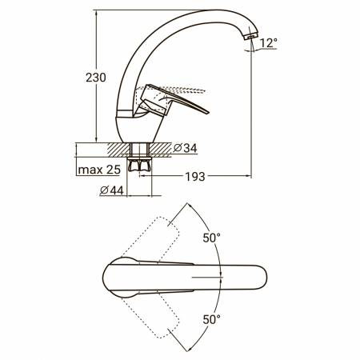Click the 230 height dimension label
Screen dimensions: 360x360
[x=96, y=78]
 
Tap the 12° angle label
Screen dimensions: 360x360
[x=268, y=42]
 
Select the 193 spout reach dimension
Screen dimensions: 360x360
[x=195, y=177]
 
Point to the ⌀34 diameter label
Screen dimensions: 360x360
[x=185, y=148]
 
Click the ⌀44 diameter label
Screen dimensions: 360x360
[x=112, y=190]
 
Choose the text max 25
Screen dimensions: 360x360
[x=99, y=170]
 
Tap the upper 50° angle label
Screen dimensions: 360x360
[x=212, y=238]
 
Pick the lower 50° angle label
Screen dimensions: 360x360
[x=212, y=319]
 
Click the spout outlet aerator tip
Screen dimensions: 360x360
[x=251, y=36]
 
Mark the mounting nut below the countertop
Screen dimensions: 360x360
[x=139, y=164]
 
